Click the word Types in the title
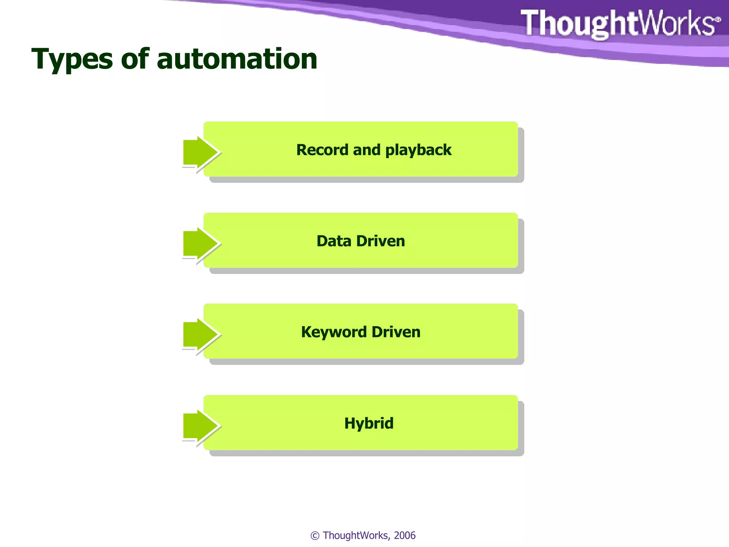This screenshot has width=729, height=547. coord(72,59)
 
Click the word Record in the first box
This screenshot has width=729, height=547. coord(322,150)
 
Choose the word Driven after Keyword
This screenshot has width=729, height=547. coord(396,332)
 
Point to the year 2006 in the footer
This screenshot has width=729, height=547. coord(405,535)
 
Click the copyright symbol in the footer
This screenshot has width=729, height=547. coord(315,536)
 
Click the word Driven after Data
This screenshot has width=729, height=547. coord(381,241)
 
